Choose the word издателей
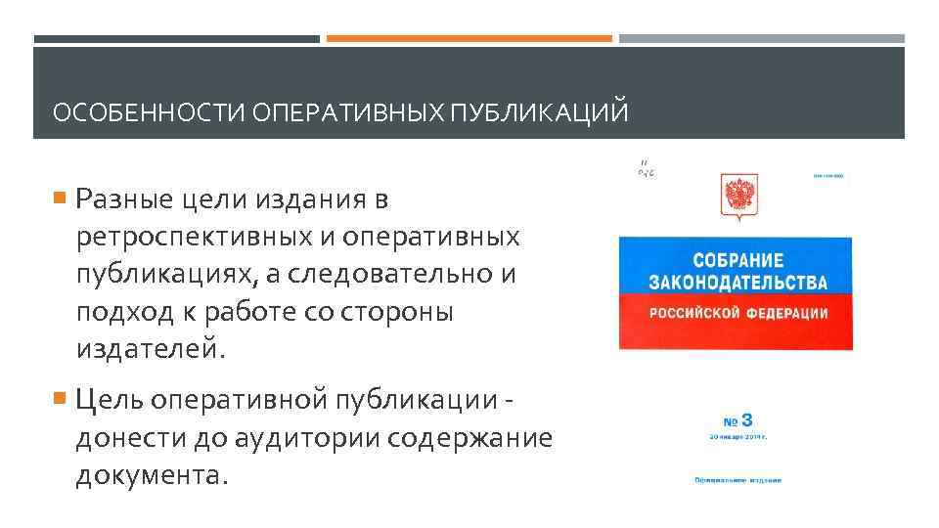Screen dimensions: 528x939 [151, 348]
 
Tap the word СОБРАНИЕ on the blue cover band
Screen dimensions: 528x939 [738, 260]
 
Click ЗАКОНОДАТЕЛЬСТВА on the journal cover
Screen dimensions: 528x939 [738, 283]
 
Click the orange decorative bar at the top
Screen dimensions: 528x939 [469, 39]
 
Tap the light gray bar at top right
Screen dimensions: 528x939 [761, 39]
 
